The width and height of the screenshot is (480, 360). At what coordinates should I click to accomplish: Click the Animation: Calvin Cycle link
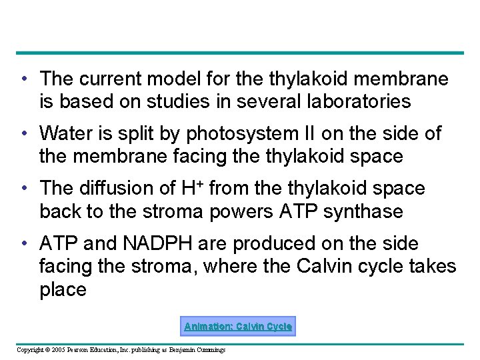238,327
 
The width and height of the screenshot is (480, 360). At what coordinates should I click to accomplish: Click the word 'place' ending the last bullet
63,290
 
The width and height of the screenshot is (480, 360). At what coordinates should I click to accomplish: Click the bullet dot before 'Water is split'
24,134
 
